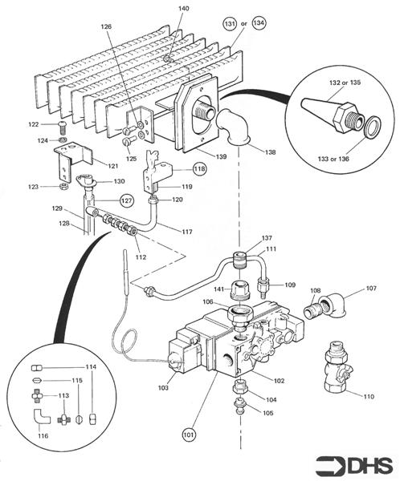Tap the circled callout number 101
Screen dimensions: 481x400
pos(188,435)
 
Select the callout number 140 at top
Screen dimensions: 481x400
pos(183,9)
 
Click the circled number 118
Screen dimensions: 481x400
pos(199,169)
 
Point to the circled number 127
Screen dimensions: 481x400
pos(126,200)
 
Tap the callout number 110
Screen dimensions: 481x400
pos(369,397)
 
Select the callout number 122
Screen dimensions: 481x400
pos(33,124)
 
